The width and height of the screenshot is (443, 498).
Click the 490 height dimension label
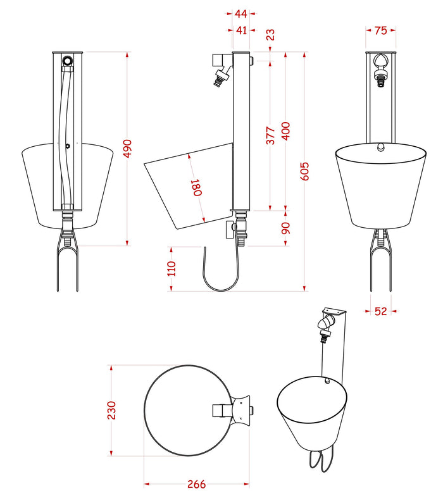tap(127, 149)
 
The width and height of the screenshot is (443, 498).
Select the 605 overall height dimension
tap(304, 171)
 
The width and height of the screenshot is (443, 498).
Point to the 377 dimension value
tap(270, 136)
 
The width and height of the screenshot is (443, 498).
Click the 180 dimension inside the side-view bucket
tap(196, 188)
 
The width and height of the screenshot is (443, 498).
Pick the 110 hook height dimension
tap(171, 269)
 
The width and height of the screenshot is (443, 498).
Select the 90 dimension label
tap(285, 227)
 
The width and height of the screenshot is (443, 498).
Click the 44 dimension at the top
tap(240, 13)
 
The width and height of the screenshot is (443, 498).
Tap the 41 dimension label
tap(240, 29)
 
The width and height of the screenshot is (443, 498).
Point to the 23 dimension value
tap(271, 35)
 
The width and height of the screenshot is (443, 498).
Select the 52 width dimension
tap(380, 311)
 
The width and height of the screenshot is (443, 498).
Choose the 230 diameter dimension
tap(111, 409)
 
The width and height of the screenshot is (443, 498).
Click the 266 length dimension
tap(196, 485)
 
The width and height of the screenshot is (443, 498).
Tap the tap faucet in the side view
tap(220, 69)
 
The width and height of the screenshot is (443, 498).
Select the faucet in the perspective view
tap(324, 329)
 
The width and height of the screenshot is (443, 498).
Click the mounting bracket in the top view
tap(241, 409)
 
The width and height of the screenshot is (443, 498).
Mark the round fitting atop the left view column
tap(68, 61)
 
